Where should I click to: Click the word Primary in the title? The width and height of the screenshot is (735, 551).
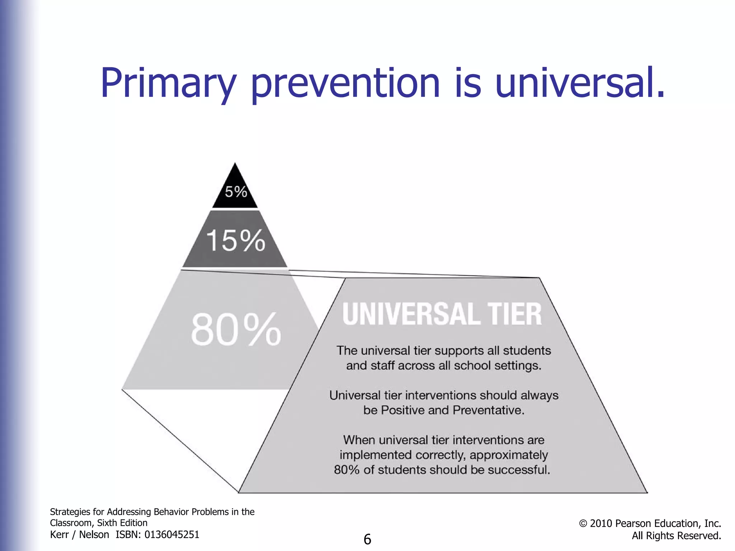(x=168, y=83)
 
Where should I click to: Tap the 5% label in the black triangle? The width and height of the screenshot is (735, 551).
(x=236, y=192)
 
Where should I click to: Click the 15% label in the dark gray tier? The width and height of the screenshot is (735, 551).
(x=235, y=240)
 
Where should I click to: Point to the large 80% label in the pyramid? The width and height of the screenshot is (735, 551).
(x=236, y=329)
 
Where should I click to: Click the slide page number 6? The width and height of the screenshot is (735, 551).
(x=367, y=540)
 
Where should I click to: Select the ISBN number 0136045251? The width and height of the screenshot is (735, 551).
(x=172, y=534)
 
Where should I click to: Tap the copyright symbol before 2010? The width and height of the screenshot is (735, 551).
(x=583, y=524)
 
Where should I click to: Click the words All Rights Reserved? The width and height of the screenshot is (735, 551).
(x=676, y=536)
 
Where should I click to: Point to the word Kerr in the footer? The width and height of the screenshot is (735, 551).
(x=59, y=534)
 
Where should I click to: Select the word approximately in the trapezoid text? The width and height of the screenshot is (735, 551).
(x=509, y=455)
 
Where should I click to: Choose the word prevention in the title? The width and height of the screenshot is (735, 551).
(x=345, y=83)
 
